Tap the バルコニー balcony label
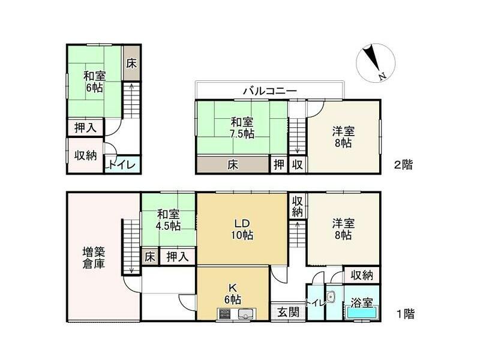(x=269, y=91)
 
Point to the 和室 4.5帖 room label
(x=169, y=220)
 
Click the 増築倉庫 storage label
(x=94, y=257)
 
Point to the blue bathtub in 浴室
(x=361, y=313)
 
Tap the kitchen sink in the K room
(x=247, y=313)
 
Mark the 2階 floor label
(x=403, y=164)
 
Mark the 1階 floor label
(x=403, y=313)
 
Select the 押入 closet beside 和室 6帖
(x=85, y=127)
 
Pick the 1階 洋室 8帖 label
(x=343, y=229)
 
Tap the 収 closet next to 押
(x=297, y=164)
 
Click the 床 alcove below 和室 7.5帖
(x=232, y=164)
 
